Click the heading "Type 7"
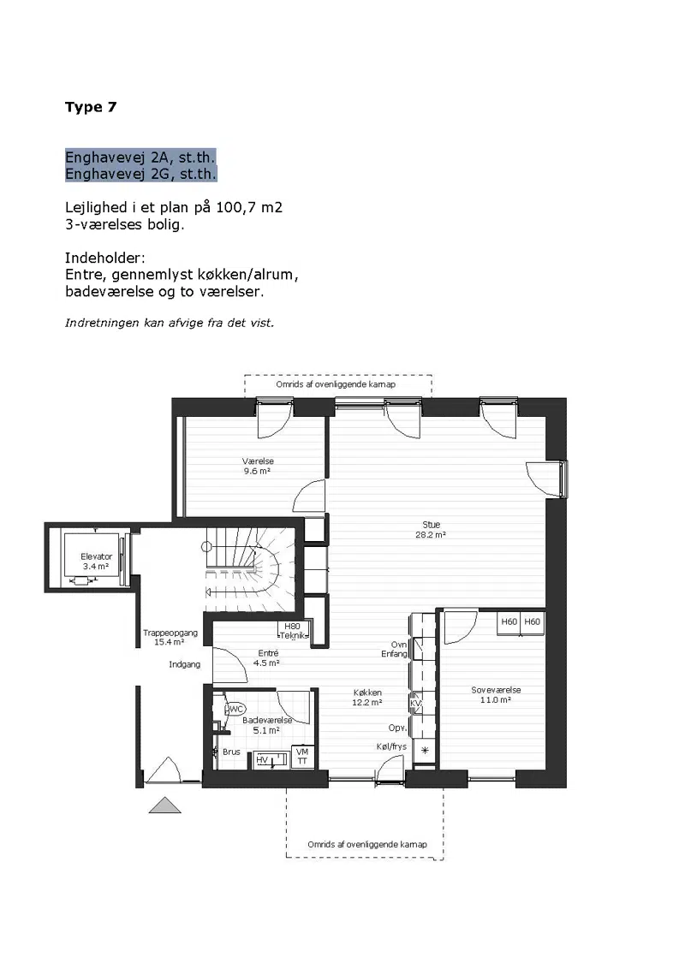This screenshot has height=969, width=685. pos(91,107)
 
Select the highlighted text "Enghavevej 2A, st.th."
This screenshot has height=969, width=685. pos(140,157)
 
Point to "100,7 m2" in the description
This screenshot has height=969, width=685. pos(249,207)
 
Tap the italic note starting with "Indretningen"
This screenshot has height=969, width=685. pos(170,323)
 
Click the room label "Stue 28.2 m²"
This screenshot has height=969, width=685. pos(431,530)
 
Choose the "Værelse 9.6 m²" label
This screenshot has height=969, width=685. pos(258,466)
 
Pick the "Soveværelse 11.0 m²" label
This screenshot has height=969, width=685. pos(496,694)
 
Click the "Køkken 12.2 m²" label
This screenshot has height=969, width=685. pos(367,698)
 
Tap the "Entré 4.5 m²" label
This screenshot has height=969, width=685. pos(267,657)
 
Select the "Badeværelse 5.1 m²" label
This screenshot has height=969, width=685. pos(267,725)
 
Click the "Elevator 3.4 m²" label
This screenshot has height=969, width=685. pos(96,562)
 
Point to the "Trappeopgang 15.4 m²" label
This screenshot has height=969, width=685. pos(170,637)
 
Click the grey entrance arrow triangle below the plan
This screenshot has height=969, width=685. pos(165,806)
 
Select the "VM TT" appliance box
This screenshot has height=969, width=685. pos(302,757)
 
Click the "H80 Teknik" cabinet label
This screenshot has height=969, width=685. pos(293,631)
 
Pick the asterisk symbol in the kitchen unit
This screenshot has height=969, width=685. pos(425,751)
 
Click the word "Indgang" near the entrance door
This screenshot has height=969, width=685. pos(185,664)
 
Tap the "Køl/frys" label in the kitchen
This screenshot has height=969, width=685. pos(391,746)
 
